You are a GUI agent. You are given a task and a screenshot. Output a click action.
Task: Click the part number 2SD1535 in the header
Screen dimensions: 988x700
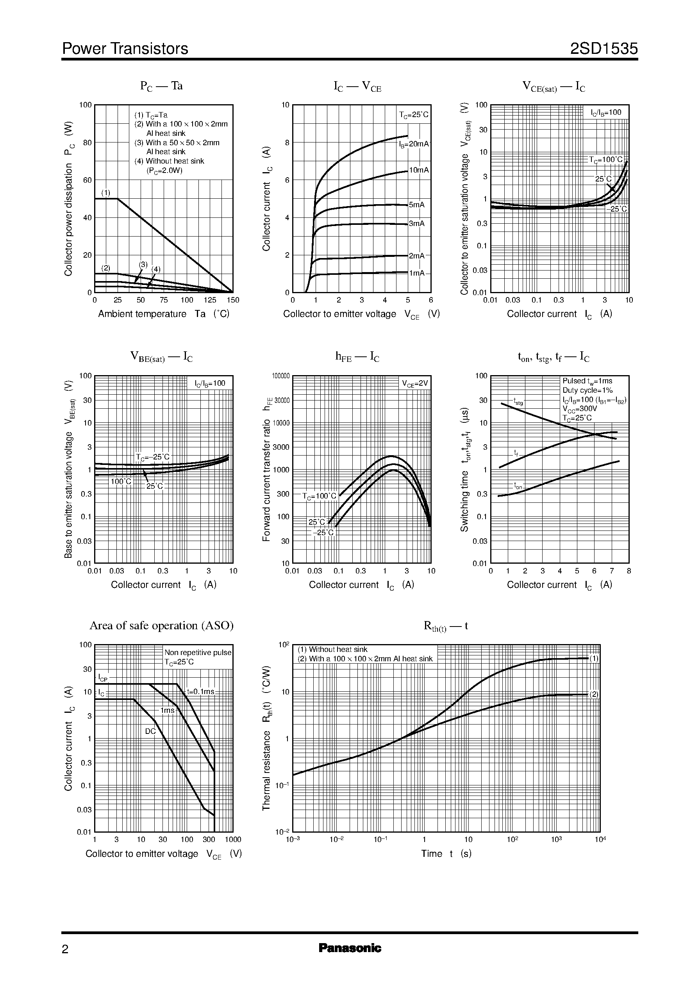pyautogui.click(x=604, y=49)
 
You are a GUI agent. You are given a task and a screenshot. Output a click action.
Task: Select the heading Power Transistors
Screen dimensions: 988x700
pyautogui.click(x=125, y=49)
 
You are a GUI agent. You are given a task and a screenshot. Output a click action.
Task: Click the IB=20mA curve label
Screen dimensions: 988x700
pyautogui.click(x=414, y=144)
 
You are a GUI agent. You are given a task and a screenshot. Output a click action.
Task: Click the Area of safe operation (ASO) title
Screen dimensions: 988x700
pyautogui.click(x=161, y=625)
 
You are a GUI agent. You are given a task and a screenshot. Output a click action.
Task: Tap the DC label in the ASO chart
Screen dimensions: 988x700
pyautogui.click(x=150, y=731)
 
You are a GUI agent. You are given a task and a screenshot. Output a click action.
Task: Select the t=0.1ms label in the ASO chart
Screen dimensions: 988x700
pyautogui.click(x=200, y=692)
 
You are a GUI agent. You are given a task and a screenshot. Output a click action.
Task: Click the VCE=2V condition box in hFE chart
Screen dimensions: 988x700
pyautogui.click(x=415, y=383)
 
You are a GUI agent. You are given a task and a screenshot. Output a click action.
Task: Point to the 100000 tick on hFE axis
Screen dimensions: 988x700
pyautogui.click(x=280, y=376)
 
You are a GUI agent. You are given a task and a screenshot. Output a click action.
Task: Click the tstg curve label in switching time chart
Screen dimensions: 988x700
pyautogui.click(x=518, y=402)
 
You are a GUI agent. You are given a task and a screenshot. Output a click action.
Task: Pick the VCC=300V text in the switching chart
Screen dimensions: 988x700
pyautogui.click(x=580, y=409)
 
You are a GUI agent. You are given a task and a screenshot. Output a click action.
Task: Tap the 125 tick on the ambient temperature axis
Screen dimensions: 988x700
pyautogui.click(x=210, y=300)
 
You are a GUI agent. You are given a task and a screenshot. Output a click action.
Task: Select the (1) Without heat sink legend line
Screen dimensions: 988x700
pyautogui.click(x=332, y=650)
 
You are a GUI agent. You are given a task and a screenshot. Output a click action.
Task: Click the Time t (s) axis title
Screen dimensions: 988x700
pyautogui.click(x=446, y=854)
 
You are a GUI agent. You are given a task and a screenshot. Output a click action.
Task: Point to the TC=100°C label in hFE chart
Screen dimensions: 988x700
pyautogui.click(x=319, y=496)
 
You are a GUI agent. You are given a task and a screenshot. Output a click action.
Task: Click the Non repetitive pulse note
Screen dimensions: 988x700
pyautogui.click(x=198, y=653)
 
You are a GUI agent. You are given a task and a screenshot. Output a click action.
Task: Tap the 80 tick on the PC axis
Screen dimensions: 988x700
pyautogui.click(x=87, y=142)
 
